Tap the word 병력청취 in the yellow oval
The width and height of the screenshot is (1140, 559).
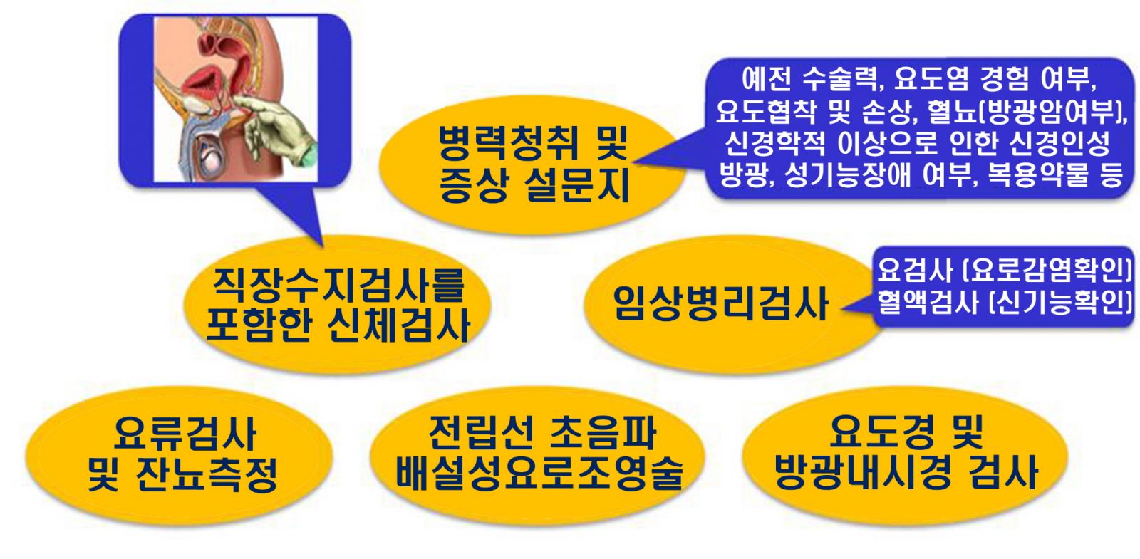click(508, 143)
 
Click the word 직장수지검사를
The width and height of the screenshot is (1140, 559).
click(338, 286)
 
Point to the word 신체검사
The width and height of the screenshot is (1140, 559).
click(398, 325)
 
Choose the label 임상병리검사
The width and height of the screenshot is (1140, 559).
click(720, 303)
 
